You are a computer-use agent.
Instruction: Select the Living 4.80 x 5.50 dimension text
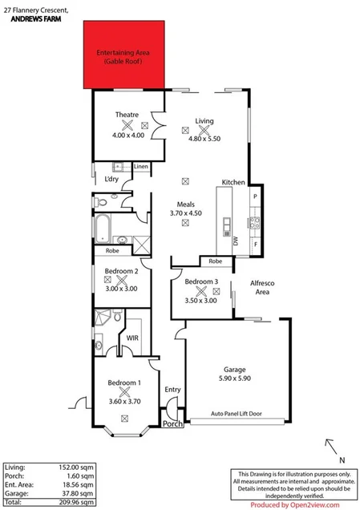pyautogui.click(x=204, y=139)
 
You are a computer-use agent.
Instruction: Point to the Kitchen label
pyautogui.click(x=233, y=183)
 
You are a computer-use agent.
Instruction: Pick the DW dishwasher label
pyautogui.click(x=236, y=240)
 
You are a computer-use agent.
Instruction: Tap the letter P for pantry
pyautogui.click(x=255, y=196)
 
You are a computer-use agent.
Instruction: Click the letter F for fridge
pyautogui.click(x=255, y=244)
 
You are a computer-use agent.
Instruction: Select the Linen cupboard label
pyautogui.click(x=140, y=167)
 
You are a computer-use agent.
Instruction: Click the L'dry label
pyautogui.click(x=111, y=179)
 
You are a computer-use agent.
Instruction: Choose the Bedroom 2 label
pyautogui.click(x=121, y=271)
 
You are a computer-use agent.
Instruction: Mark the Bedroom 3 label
pyautogui.click(x=201, y=281)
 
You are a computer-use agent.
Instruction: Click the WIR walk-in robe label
pyautogui.click(x=133, y=338)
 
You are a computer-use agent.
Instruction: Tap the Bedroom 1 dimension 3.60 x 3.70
pyautogui.click(x=124, y=401)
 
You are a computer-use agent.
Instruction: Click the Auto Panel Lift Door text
pyautogui.click(x=237, y=414)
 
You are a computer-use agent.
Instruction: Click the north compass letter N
pyautogui.click(x=342, y=460)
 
